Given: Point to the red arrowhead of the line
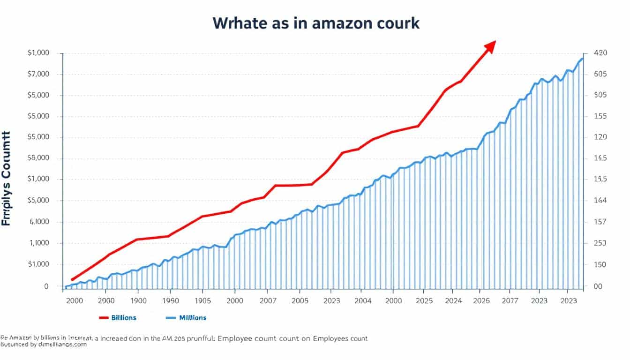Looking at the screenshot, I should tap(490, 46).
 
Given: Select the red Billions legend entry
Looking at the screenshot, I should tap(118, 317).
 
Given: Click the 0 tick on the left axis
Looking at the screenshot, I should tap(46, 286).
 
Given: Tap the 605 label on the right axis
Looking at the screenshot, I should tap(600, 74).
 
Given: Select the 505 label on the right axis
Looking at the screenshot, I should tap(600, 95).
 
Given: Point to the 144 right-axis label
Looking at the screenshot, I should tap(600, 201).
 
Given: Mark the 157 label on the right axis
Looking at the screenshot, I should tap(600, 222).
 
